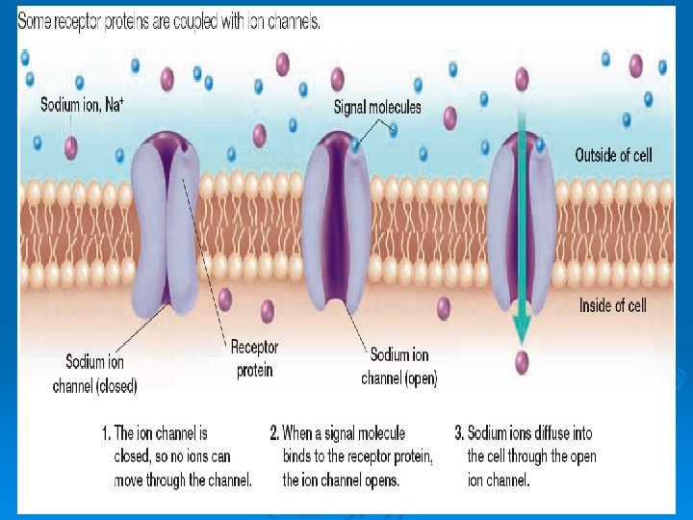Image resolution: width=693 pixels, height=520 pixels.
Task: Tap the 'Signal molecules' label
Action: tap(377, 107)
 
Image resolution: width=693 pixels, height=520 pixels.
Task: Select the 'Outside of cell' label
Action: tap(614, 154)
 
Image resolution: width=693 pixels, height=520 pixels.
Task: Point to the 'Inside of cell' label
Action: tap(612, 305)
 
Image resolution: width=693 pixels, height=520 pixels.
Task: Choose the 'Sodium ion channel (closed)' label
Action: tap(94, 375)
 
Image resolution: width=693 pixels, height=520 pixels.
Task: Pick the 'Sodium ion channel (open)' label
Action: tap(399, 367)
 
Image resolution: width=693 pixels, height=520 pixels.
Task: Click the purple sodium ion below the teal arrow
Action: tap(521, 362)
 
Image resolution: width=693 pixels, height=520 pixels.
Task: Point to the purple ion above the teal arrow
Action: tap(521, 79)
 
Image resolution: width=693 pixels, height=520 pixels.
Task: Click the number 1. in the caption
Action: tap(106, 433)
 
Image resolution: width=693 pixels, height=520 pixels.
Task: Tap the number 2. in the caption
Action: tap(274, 433)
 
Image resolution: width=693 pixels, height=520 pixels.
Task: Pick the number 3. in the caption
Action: tap(459, 433)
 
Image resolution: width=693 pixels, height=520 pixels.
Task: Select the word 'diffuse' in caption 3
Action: tap(560, 433)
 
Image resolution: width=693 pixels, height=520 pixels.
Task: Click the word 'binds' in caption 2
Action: tap(299, 455)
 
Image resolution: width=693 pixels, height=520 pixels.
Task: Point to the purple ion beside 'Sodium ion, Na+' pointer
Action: tap(70, 146)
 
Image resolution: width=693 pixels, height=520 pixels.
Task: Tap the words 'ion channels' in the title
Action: tap(284, 21)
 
